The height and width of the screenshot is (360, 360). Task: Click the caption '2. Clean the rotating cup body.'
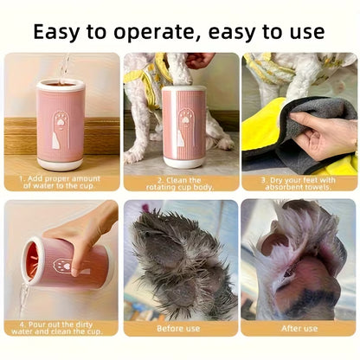[x=180, y=183]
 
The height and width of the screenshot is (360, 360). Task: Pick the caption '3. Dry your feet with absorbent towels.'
[x=299, y=183]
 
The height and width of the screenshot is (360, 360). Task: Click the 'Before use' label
[x=180, y=329]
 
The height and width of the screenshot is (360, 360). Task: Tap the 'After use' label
[x=299, y=329]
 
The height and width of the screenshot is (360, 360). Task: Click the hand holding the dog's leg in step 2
[x=201, y=60]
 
